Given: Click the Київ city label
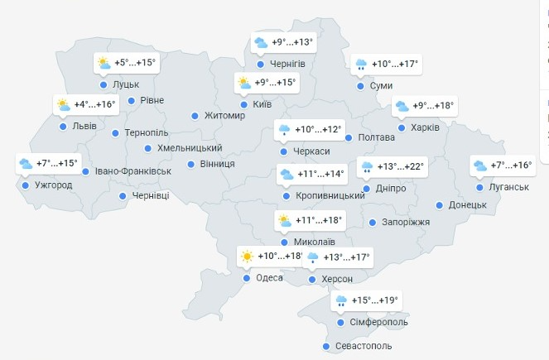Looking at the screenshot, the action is click(x=262, y=104).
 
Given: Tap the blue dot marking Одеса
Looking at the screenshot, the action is click(x=247, y=278).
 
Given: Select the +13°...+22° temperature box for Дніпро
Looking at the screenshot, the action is click(x=392, y=167).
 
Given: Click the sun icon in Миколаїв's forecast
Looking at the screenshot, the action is click(x=285, y=221).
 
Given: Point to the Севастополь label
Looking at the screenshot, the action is click(x=364, y=346).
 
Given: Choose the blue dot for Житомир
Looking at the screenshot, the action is click(x=195, y=116).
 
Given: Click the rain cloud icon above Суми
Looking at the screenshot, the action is click(x=361, y=65).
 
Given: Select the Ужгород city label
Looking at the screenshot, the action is click(x=53, y=185).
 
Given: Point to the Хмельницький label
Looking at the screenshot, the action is click(x=190, y=148).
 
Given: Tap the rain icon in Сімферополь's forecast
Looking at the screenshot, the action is click(x=340, y=301).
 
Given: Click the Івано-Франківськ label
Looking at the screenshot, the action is click(x=132, y=171).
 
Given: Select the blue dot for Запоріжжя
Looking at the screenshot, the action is click(x=373, y=223).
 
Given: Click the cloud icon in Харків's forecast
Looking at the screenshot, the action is click(x=402, y=106).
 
